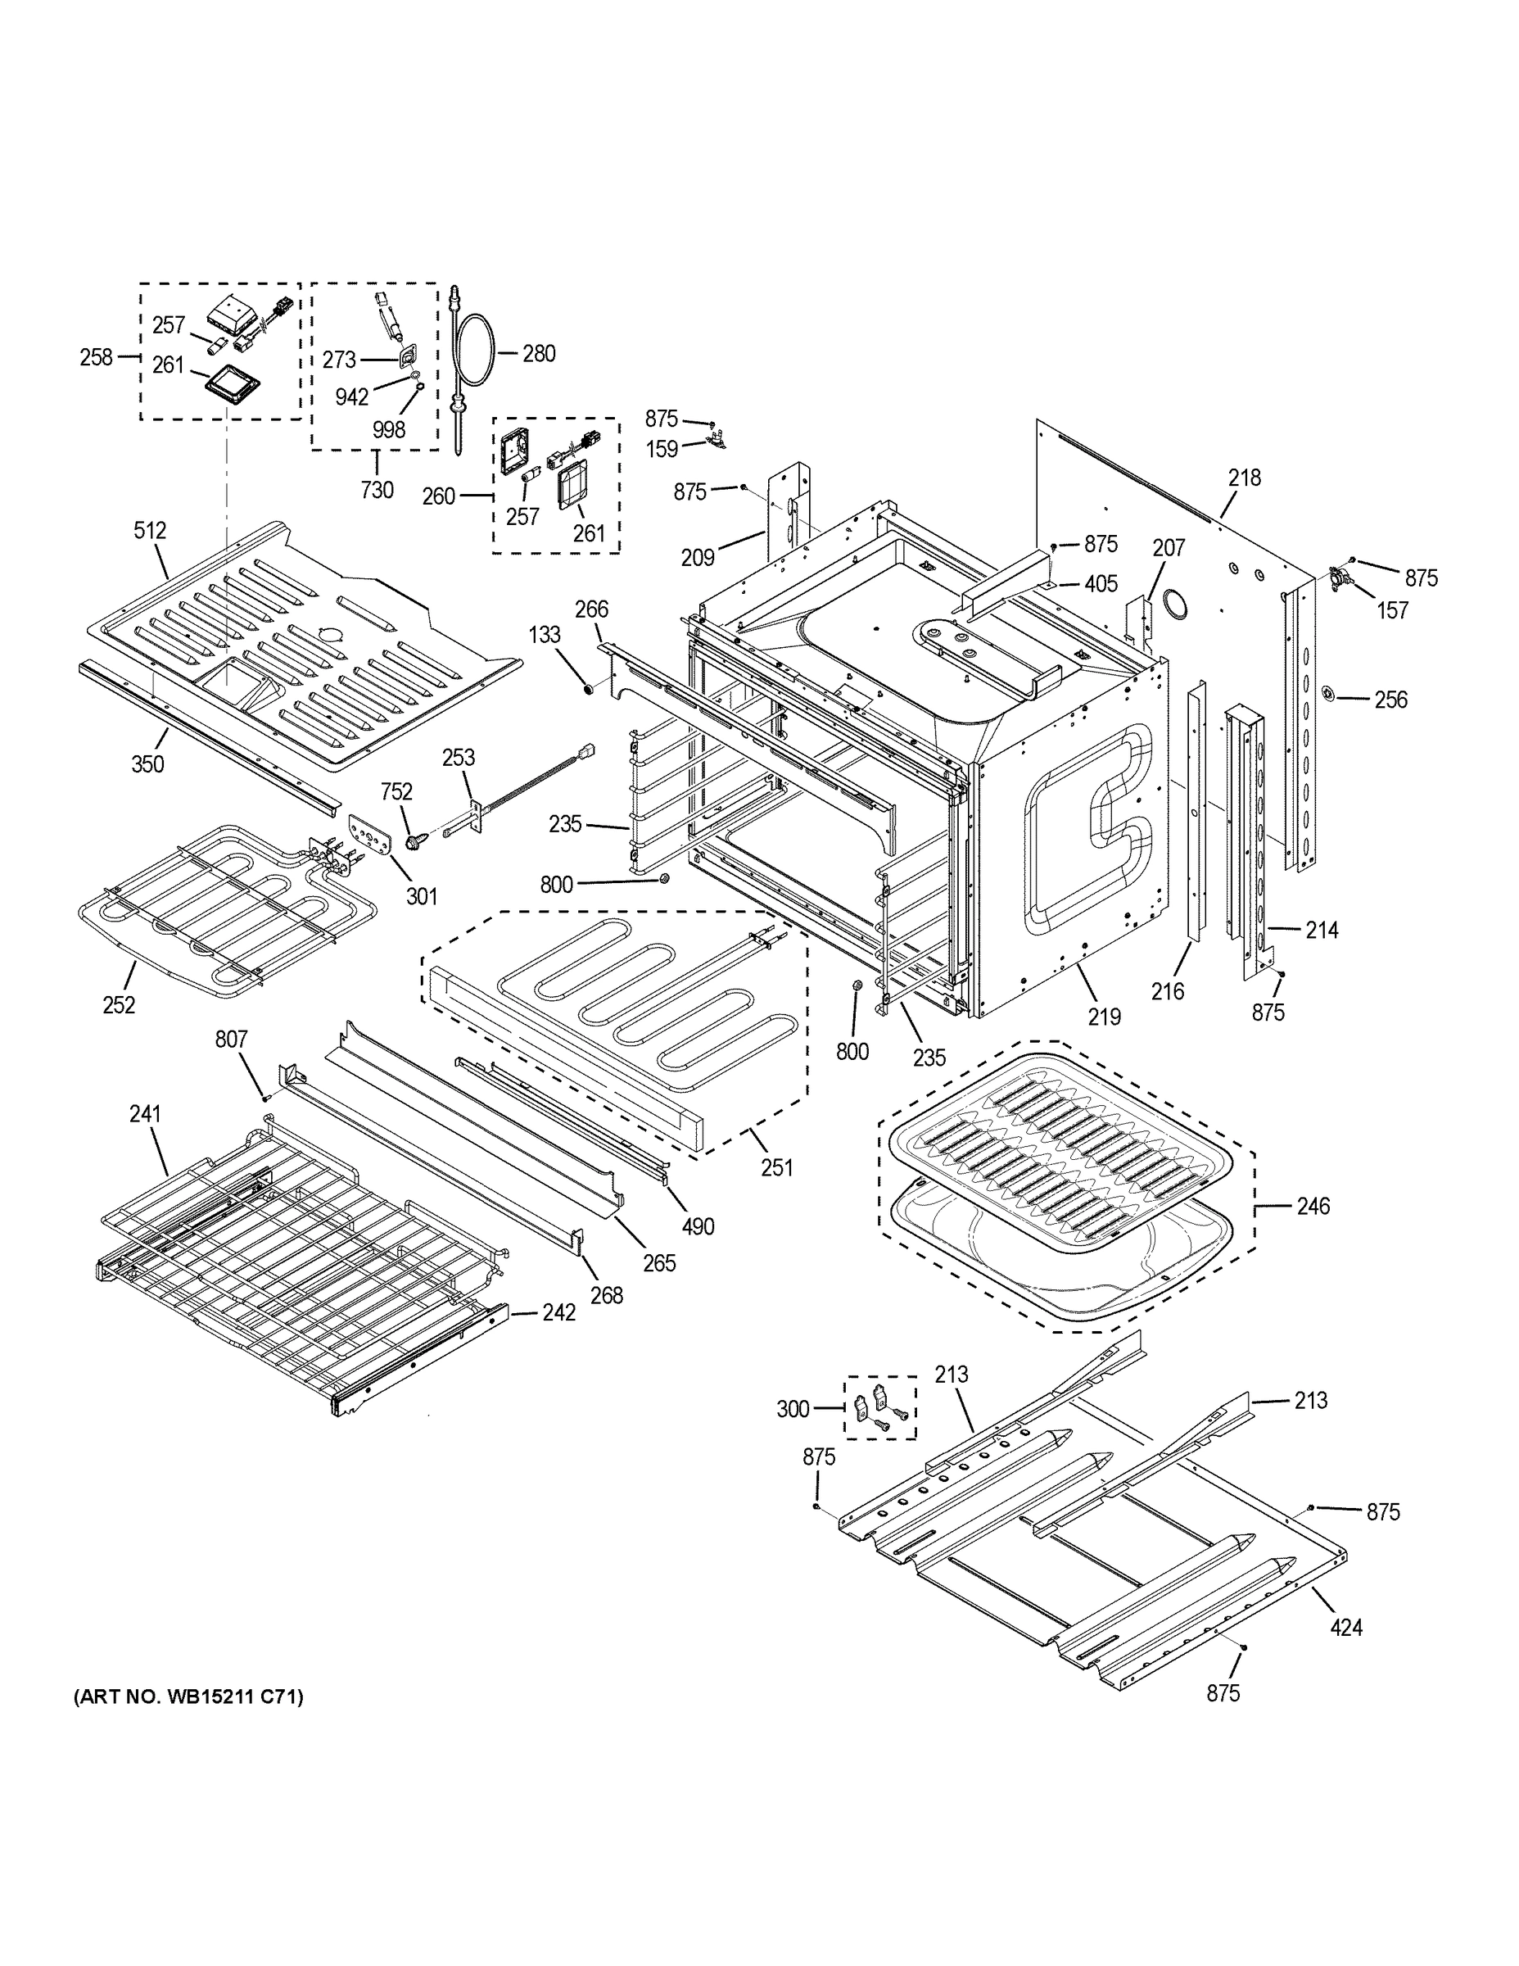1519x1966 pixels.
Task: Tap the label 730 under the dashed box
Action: pos(376,490)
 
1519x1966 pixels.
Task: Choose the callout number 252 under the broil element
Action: pos(119,1004)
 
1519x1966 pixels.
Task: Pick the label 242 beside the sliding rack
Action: pos(558,1312)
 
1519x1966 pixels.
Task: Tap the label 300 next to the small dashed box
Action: pos(793,1409)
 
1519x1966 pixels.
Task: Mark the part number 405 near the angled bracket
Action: pos(1101,584)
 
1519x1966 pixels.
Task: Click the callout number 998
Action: pos(389,430)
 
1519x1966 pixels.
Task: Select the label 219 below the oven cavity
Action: pos(1104,1017)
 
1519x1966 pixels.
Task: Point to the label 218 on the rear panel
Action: pos(1245,478)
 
